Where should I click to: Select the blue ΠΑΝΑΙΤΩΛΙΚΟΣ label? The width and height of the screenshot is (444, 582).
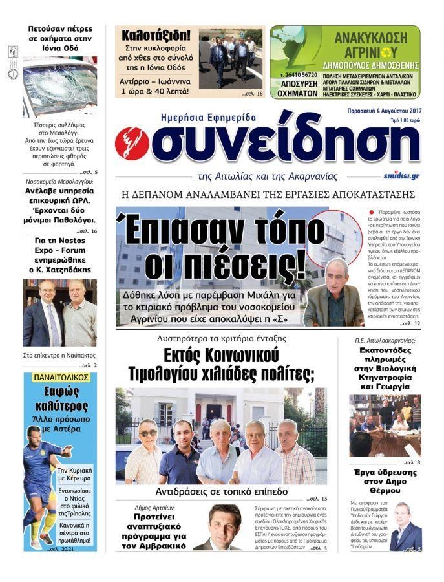click(x=59, y=376)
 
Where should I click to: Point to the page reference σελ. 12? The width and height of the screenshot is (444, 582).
click(x=408, y=323)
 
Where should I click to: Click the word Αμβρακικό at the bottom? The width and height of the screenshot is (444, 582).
click(x=153, y=545)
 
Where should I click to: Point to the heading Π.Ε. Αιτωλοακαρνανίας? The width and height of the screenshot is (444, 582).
click(x=385, y=339)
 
